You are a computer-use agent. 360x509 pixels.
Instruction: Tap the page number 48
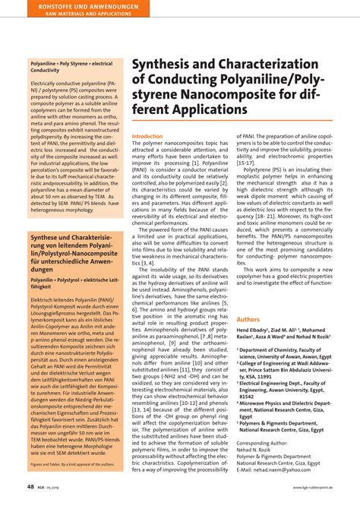[30, 485]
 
